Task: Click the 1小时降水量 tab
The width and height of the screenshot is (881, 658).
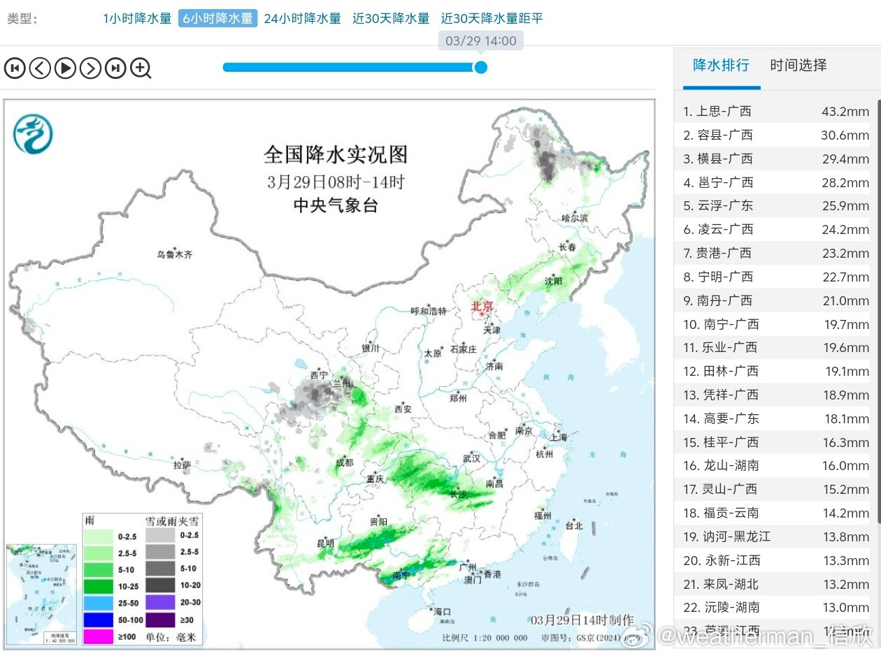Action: point(137,19)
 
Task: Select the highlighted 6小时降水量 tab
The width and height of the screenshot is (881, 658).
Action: point(217,19)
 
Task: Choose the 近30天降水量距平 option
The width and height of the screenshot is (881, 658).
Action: point(492,19)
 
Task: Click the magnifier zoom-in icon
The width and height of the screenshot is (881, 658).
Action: point(141,68)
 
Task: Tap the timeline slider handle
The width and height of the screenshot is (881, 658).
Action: point(480,67)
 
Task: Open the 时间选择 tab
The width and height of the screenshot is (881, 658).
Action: point(798,66)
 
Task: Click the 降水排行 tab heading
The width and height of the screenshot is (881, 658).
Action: point(721,66)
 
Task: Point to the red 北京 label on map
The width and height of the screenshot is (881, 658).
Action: point(482,306)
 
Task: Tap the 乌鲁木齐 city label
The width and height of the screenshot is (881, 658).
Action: point(174,255)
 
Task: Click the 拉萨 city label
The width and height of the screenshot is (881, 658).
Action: point(182,465)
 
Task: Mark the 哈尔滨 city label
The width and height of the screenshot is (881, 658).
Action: point(575,218)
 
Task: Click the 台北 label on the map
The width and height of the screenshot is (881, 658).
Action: point(573,525)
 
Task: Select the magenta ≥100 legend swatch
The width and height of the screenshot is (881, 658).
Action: point(98,636)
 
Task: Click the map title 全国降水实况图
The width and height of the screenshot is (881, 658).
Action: point(335,154)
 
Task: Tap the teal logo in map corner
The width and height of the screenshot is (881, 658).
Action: point(33,133)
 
